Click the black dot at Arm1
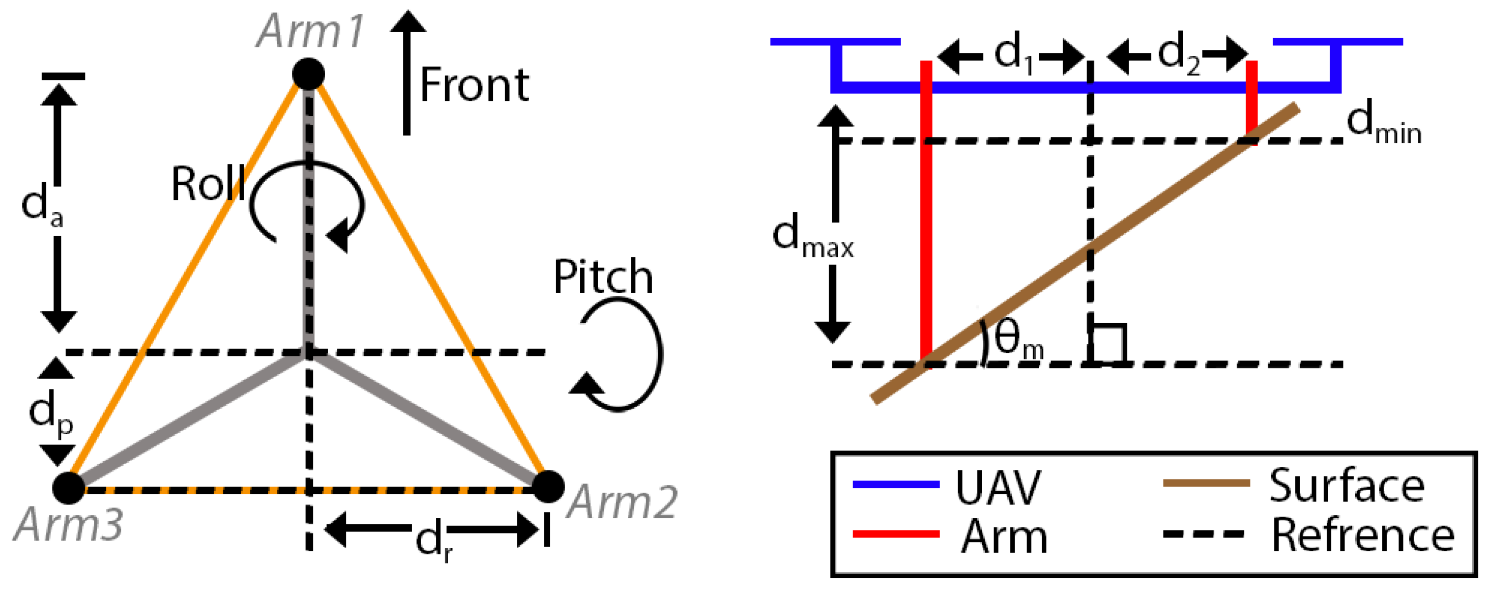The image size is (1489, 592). tap(308, 74)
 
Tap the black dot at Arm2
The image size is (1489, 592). tap(547, 487)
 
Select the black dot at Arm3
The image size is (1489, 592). tap(69, 488)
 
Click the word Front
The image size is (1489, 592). tap(474, 86)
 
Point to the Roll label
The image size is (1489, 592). tap(208, 184)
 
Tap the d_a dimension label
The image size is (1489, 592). tap(42, 207)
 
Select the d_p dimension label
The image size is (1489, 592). tap(51, 414)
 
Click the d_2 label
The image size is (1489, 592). tap(1179, 55)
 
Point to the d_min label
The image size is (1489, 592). tap(1383, 125)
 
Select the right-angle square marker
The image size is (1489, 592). tap(1107, 345)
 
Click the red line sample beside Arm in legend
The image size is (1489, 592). tap(896, 534)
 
